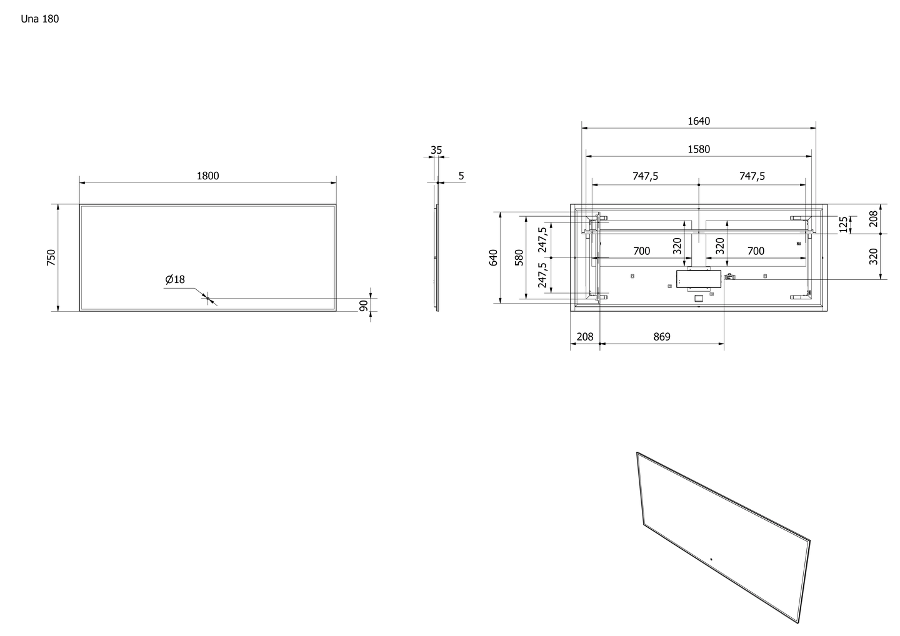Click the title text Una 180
40,19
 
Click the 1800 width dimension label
207,176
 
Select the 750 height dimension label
51,257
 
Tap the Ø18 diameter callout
175,279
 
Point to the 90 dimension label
363,306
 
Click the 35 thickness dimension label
436,150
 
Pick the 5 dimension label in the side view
461,176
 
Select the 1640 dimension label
699,121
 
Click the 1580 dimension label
699,149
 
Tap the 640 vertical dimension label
493,257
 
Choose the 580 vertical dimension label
519,257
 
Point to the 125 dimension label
844,225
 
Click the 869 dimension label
662,337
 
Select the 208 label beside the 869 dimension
585,337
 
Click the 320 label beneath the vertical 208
874,257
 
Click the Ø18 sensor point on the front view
207,299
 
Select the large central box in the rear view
699,279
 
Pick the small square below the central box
699,299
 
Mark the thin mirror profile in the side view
437,247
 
